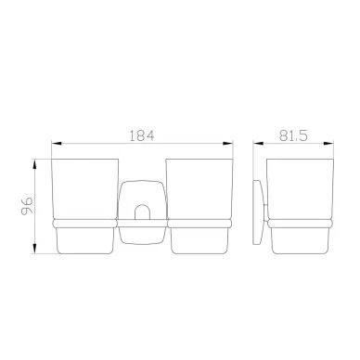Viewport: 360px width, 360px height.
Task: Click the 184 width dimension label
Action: click(x=141, y=135)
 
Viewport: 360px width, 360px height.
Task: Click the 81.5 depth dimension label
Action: click(x=293, y=135)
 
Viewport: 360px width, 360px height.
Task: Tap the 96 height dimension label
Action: click(x=27, y=206)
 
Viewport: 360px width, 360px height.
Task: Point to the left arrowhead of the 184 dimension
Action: click(x=57, y=144)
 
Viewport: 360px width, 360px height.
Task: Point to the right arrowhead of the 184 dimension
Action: click(x=227, y=144)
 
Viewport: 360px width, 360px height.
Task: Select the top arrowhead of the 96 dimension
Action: click(x=35, y=164)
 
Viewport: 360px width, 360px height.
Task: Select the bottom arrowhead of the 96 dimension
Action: click(x=35, y=249)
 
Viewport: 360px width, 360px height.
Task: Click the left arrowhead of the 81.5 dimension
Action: click(x=258, y=143)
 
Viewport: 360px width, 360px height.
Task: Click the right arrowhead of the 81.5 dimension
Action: click(x=328, y=143)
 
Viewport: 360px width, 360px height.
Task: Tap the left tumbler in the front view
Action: click(x=84, y=206)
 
